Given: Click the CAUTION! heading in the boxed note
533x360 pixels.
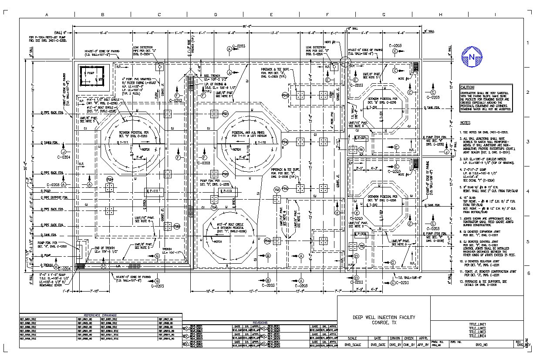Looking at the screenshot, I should coord(469,87).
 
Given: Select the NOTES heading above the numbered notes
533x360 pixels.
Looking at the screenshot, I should coord(465,123).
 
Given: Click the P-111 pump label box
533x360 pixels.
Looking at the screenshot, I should coord(154,191).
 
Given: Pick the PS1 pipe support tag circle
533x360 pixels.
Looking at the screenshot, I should coord(225,114).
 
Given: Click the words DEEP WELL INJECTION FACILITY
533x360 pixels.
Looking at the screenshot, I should coord(384,317).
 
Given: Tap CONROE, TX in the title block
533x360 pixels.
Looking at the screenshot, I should coord(384,323).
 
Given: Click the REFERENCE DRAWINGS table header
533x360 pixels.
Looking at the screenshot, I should coord(100,315).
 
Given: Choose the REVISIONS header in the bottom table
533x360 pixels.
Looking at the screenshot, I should coord(260,323).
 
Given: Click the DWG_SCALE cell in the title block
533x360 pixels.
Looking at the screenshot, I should coord(353,344).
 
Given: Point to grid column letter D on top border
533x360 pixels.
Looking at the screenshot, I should coord(215,15).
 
